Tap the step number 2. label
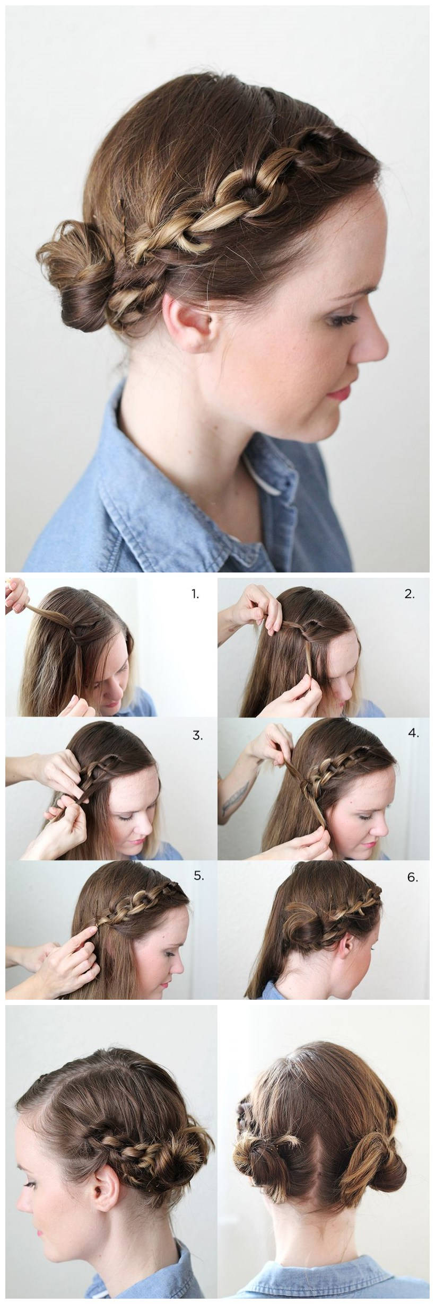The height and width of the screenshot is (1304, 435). (409, 594)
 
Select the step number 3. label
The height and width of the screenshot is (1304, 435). (198, 735)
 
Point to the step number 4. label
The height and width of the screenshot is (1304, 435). (413, 734)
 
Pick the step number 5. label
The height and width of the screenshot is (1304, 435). (198, 875)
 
